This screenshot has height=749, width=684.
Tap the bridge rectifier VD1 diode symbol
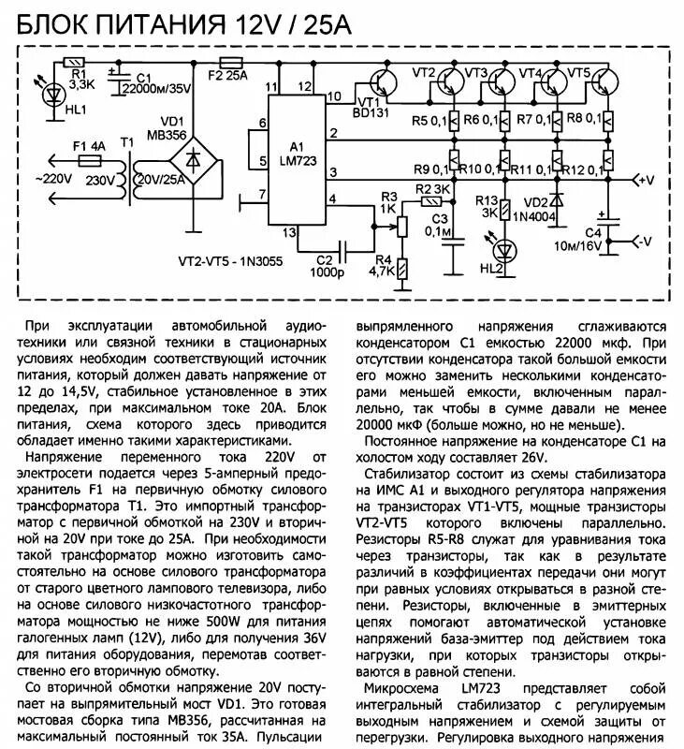tap(194, 160)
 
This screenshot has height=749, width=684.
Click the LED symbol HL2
tap(505, 250)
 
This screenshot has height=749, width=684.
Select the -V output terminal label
tap(643, 242)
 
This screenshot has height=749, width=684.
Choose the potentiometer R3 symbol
tap(403, 226)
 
